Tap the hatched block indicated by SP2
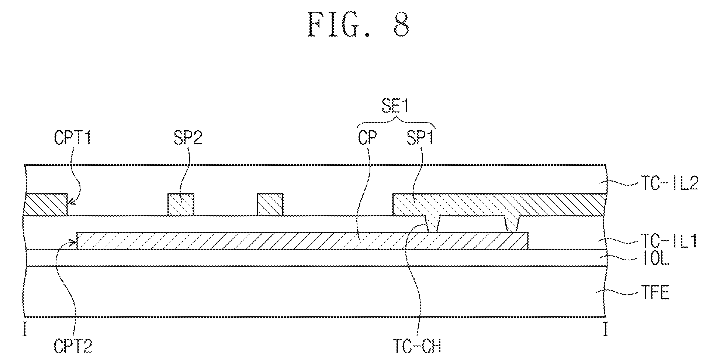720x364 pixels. click(181, 204)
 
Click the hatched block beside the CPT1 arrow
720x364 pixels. click(45, 204)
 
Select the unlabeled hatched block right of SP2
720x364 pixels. click(270, 204)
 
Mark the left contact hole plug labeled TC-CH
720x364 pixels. click(433, 224)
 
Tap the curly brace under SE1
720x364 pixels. click(397, 122)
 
